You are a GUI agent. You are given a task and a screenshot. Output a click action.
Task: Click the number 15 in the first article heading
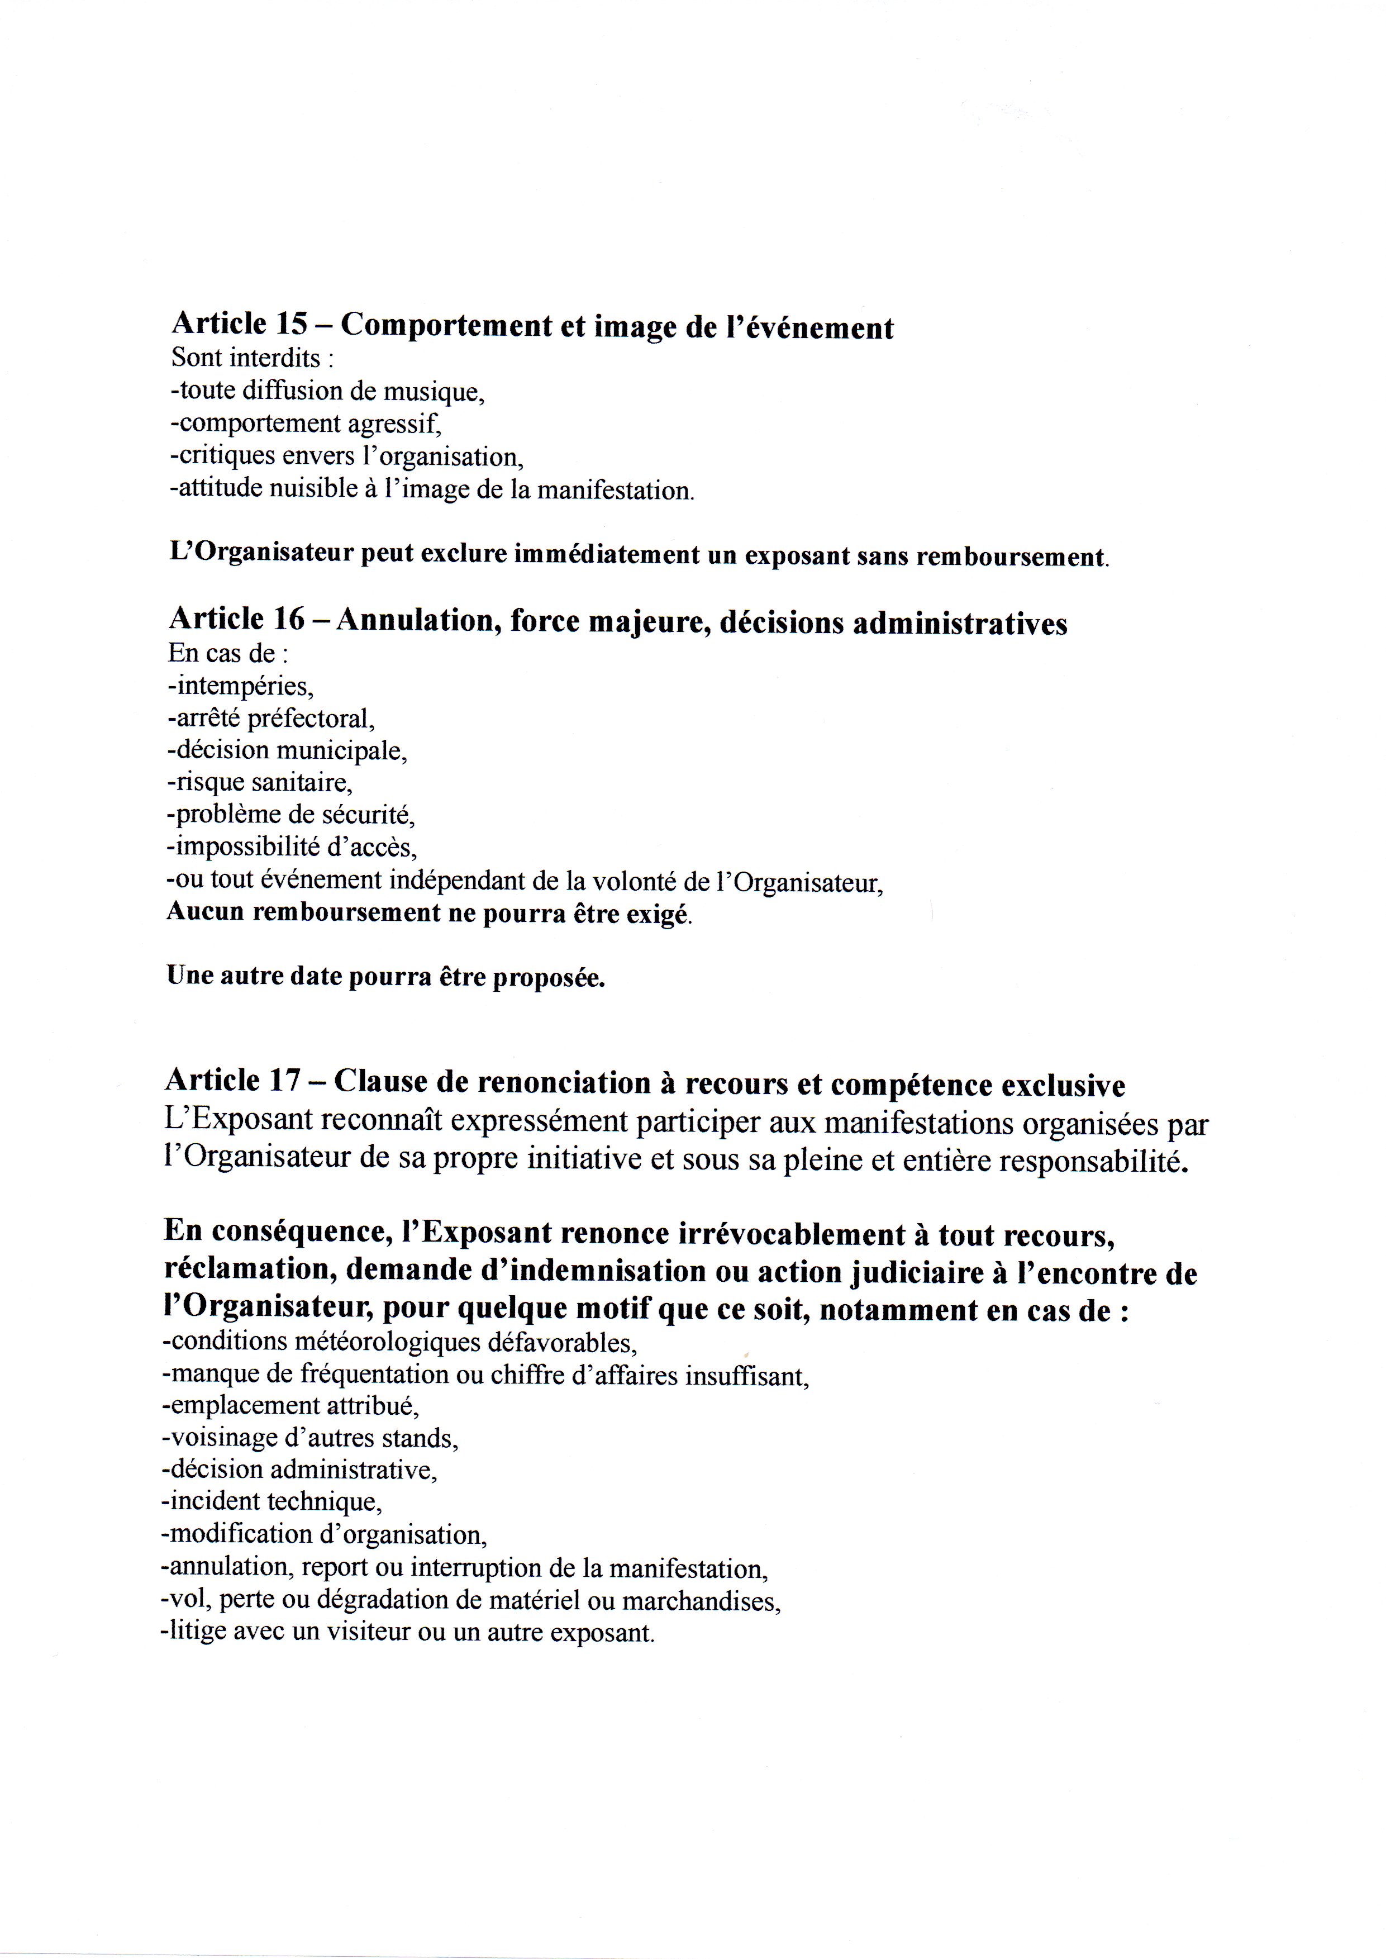tap(294, 325)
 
